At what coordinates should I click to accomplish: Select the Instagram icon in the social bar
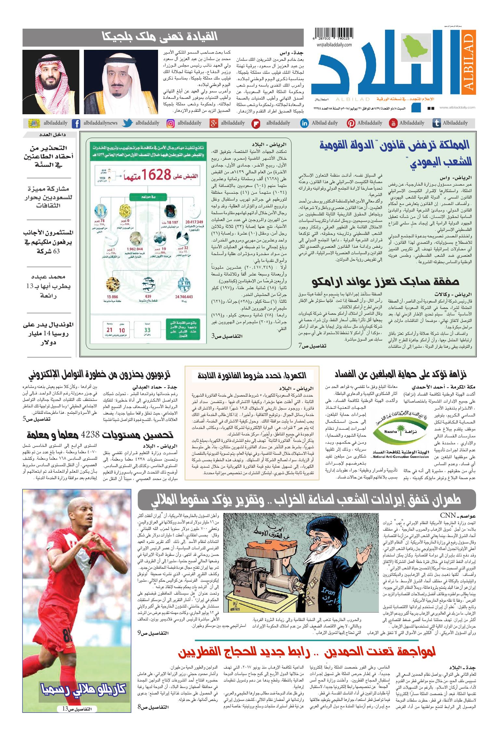(x=171, y=123)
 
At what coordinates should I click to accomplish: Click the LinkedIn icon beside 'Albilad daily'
(x=304, y=123)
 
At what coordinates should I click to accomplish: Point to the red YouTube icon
(x=393, y=123)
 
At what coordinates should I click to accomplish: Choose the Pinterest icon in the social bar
(x=351, y=123)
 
